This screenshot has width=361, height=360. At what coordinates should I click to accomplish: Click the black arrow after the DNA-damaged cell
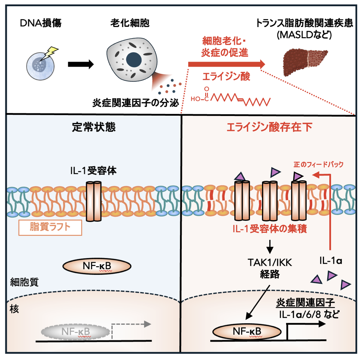coord(81,64)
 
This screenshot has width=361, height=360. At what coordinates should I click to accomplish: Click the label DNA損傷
coord(41,23)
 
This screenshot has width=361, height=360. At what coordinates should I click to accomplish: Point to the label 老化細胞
coord(130,23)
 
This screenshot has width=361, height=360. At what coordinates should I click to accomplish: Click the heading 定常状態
coord(94,127)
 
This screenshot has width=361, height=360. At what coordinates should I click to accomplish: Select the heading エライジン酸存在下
coord(269,127)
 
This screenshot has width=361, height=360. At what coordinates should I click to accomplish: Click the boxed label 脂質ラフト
coord(50,227)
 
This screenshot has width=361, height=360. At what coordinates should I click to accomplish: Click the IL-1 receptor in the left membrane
coord(94,201)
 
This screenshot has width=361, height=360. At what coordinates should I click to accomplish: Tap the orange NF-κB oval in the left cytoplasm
coord(97,266)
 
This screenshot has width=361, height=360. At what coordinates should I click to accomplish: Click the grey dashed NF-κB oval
coord(76,332)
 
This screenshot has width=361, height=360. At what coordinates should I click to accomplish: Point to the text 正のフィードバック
coord(318,164)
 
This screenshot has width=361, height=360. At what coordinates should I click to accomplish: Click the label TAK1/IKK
coord(270,262)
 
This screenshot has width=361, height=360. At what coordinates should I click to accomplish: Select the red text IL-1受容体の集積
coord(270,229)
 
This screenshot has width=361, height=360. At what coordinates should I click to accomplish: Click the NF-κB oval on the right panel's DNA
coord(247,332)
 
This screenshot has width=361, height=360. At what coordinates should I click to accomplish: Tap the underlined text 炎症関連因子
coord(305,303)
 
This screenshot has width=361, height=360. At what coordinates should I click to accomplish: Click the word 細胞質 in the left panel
coord(24,282)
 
